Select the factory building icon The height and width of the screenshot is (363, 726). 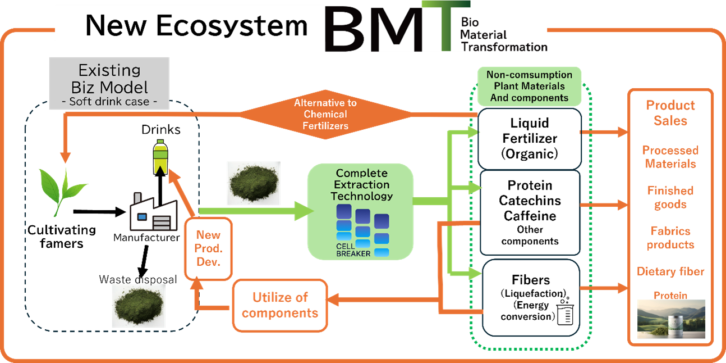tap(150, 212)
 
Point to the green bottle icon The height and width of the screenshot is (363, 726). tap(161, 157)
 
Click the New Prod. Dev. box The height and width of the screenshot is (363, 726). tap(208, 248)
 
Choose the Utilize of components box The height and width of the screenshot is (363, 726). tap(280, 305)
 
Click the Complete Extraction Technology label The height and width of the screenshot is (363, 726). tap(361, 184)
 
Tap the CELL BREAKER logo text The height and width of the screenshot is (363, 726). tap(353, 249)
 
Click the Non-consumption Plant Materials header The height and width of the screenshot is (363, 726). tap(529, 87)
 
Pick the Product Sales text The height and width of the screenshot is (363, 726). tap(670, 113)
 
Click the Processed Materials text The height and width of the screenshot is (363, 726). tap(670, 157)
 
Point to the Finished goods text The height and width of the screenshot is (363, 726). tap(670, 197)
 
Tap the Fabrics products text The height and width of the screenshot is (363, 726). tap(670, 238)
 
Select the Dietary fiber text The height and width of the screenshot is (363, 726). tap(670, 272)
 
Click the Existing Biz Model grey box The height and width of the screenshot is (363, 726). tap(109, 83)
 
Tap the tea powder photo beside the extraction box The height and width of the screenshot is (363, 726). tap(253, 183)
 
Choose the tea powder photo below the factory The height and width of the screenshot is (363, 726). tap(139, 306)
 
